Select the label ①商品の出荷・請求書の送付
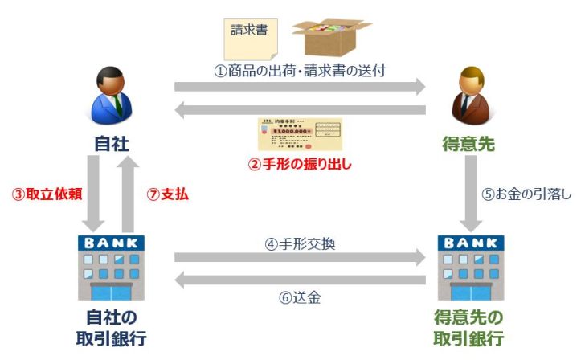pos(300,70)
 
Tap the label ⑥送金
pos(300,297)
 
